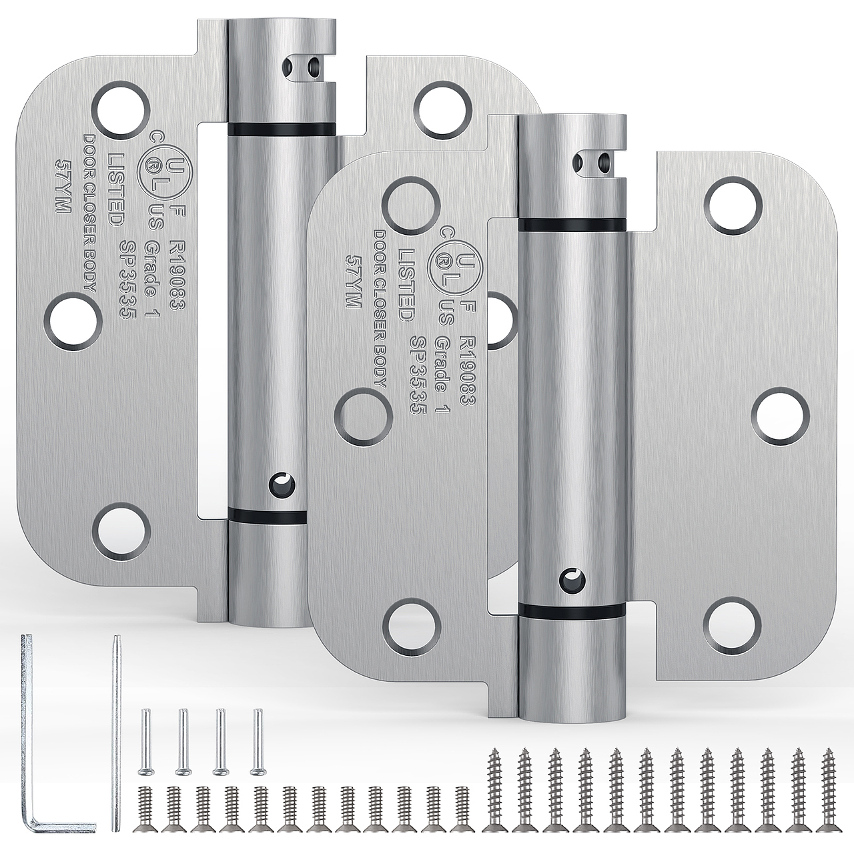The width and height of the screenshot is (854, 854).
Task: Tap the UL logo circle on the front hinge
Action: pyautogui.click(x=451, y=270)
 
